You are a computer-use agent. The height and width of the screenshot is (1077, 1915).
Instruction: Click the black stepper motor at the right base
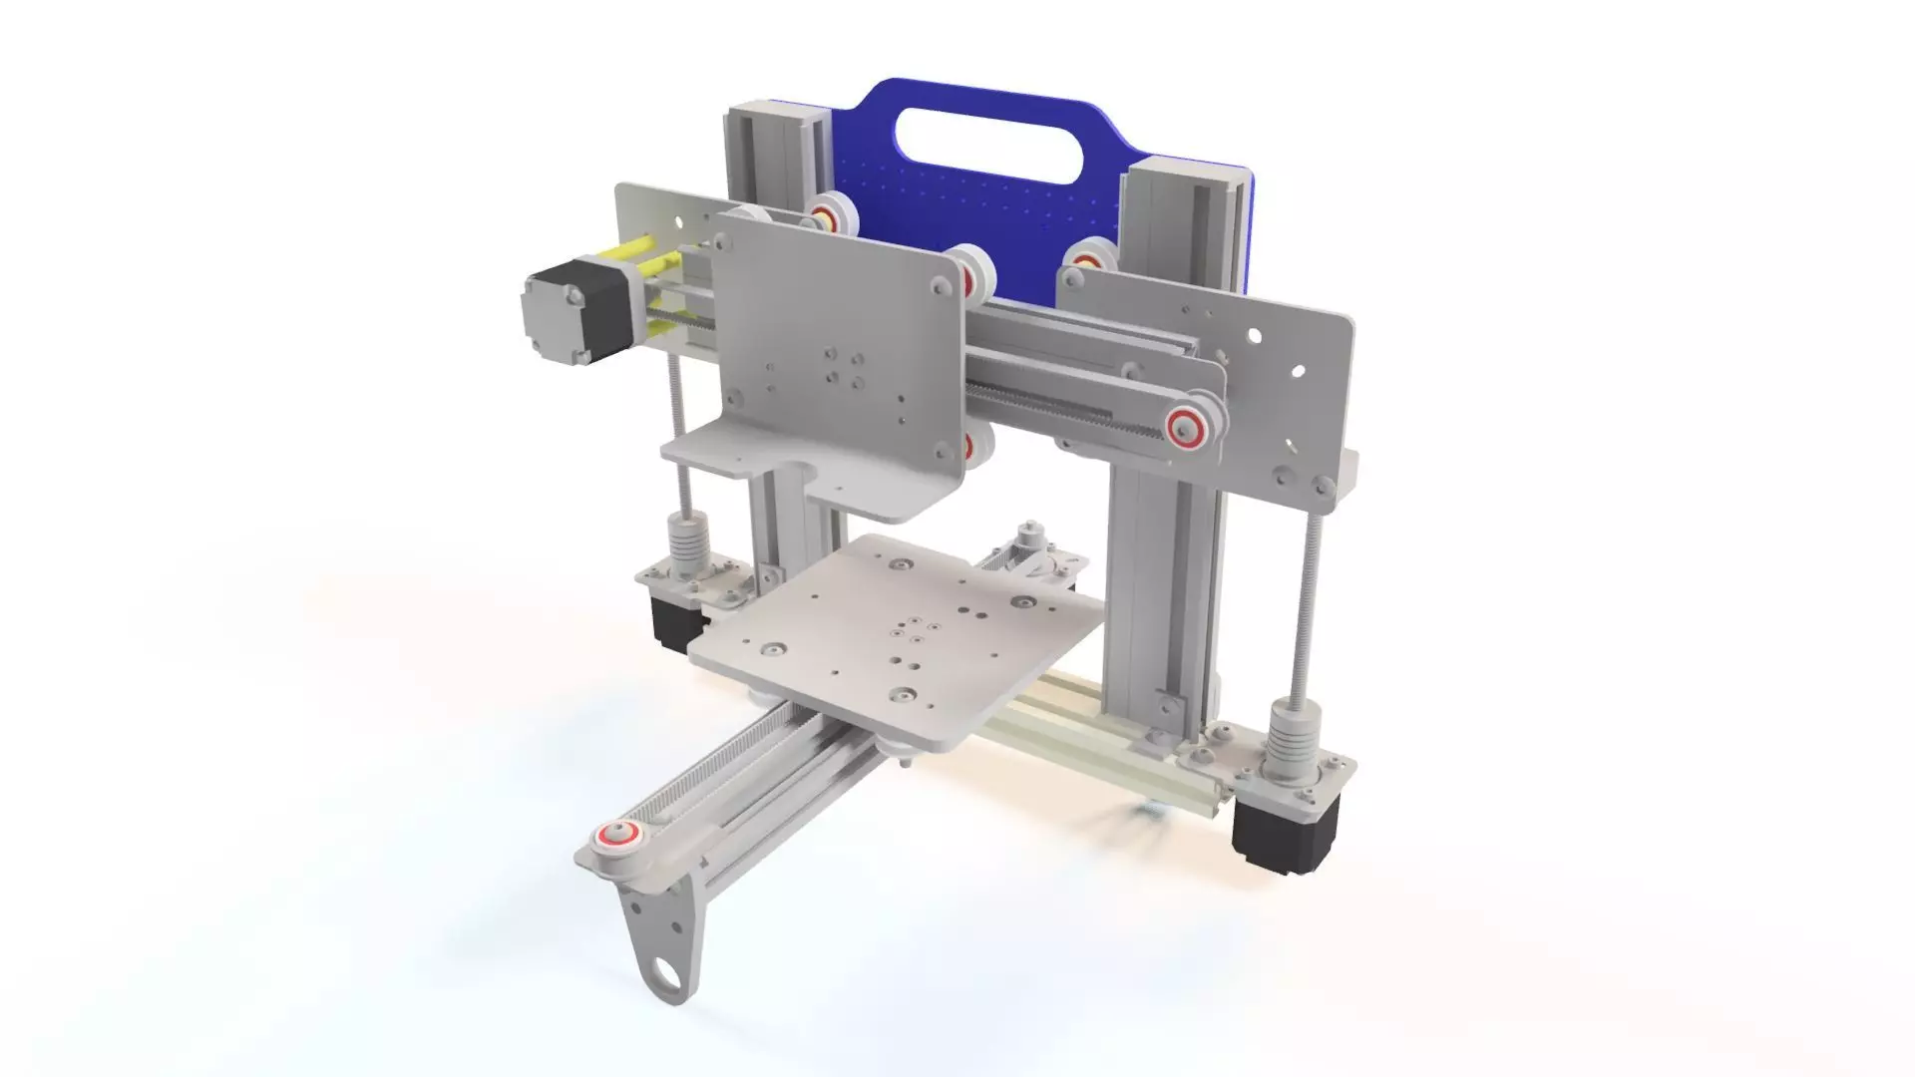click(x=1274, y=824)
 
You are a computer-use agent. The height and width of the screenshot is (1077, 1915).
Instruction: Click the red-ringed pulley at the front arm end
click(x=615, y=835)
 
